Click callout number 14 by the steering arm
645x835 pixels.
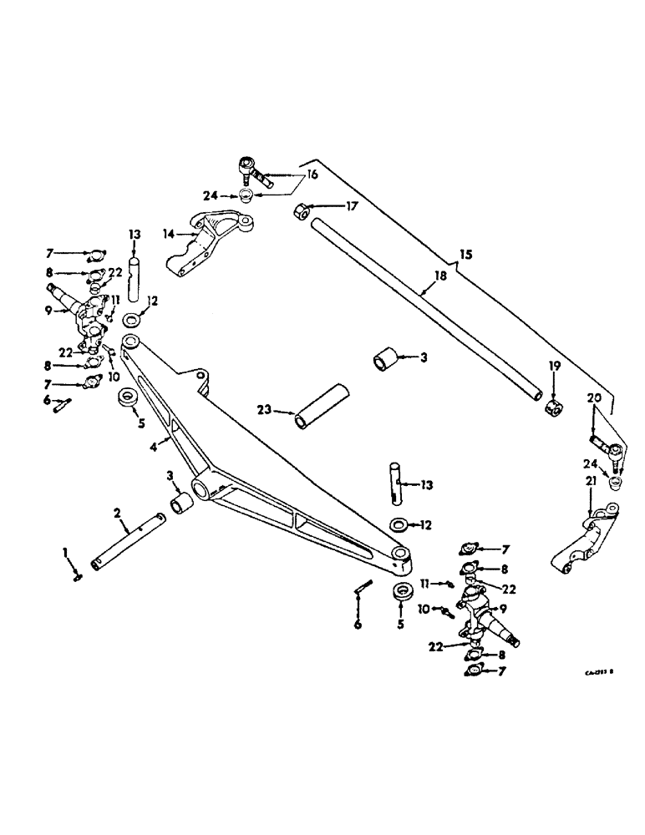[x=168, y=235]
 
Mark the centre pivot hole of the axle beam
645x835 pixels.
[x=201, y=488]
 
